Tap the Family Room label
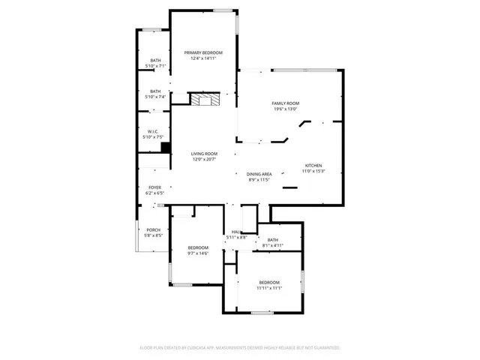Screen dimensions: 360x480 285,103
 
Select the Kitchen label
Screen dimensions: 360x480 313,166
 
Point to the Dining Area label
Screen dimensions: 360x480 259,174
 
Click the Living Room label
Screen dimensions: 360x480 203,154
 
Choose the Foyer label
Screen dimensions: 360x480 154,187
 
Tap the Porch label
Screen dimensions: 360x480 154,229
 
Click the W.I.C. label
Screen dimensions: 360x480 152,131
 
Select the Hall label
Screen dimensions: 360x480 236,232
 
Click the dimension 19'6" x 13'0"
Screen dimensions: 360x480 285,109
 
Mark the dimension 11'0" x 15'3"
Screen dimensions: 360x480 313,172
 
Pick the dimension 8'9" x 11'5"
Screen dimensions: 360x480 259,180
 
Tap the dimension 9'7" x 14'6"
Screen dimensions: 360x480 198,253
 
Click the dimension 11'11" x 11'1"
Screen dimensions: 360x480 269,288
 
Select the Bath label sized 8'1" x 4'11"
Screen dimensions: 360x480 272,240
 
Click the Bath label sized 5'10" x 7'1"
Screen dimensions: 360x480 155,60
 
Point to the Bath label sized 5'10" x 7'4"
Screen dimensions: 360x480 155,91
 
